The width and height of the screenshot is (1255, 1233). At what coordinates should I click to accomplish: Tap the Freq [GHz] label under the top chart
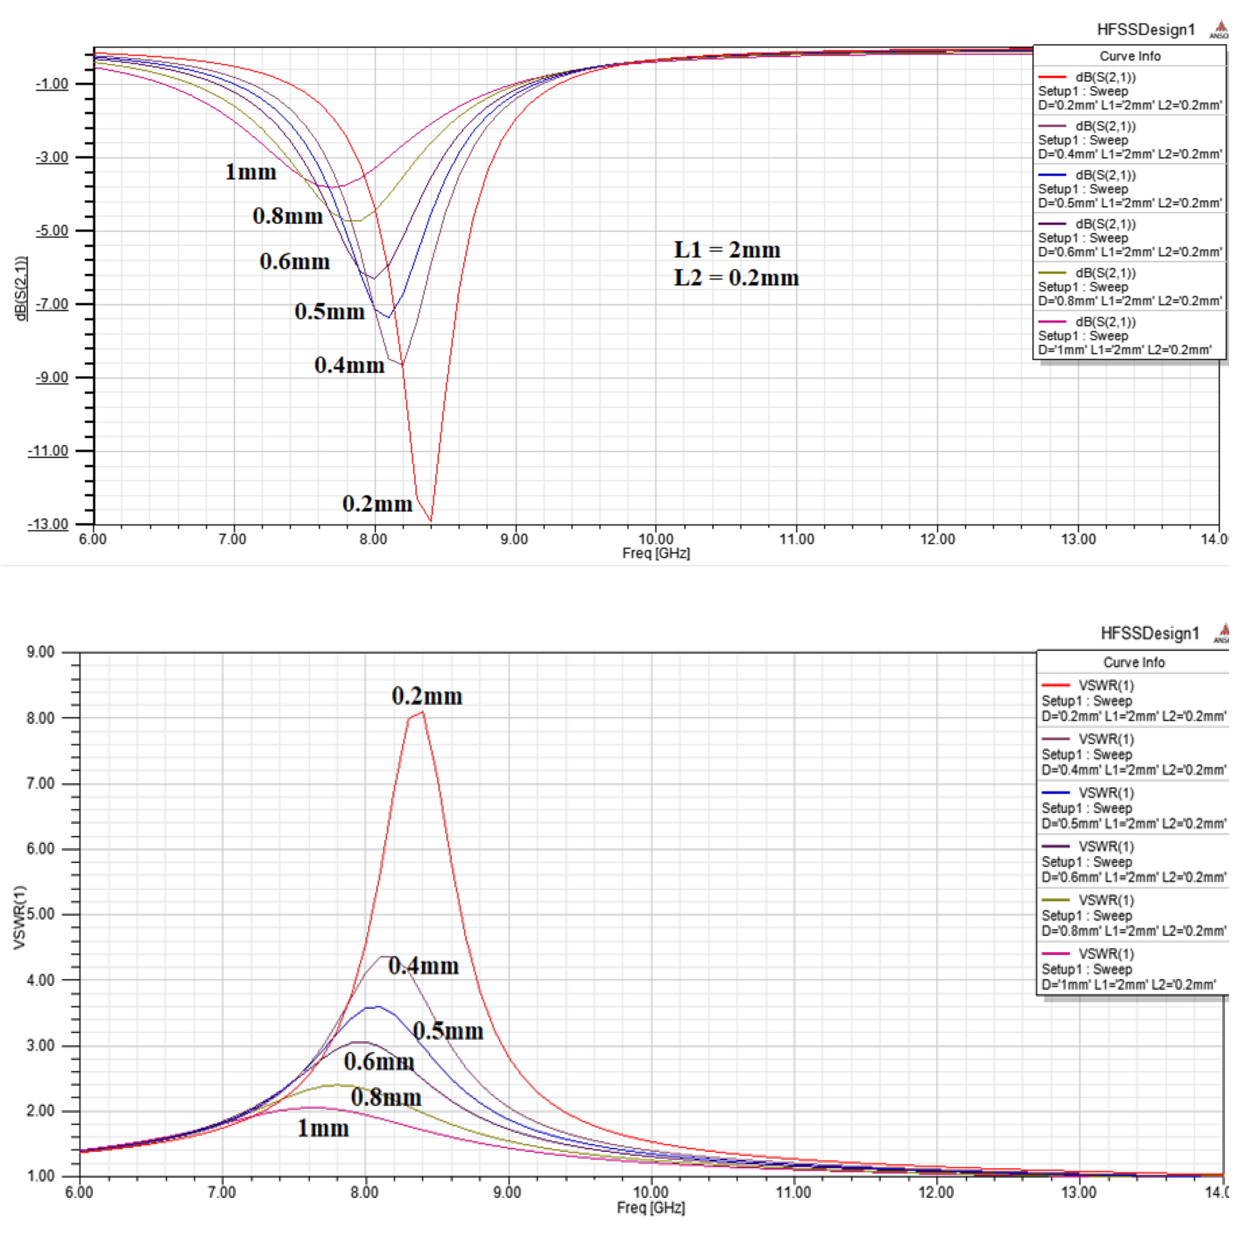pyautogui.click(x=656, y=554)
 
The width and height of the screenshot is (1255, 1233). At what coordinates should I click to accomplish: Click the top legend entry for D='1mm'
pyautogui.click(x=1129, y=336)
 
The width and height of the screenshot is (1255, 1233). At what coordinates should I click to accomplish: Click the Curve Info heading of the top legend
pyautogui.click(x=1129, y=56)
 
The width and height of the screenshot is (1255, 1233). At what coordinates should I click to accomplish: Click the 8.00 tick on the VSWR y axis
pyautogui.click(x=40, y=718)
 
